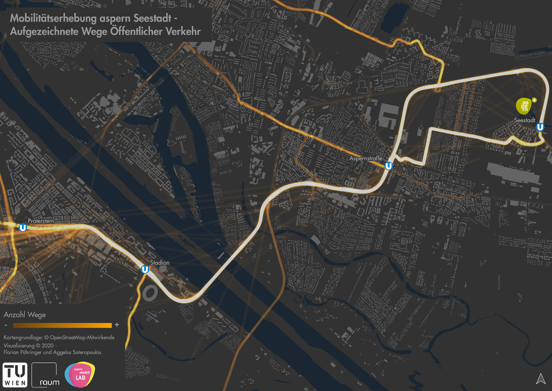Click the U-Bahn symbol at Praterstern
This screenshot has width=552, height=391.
point(23,228)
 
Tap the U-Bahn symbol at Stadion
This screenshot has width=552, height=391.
point(145,270)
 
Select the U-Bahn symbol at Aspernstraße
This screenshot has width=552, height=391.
point(388,166)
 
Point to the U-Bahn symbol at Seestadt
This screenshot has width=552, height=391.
point(540,127)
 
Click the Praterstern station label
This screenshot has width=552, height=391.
point(41,221)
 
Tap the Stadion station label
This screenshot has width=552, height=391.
point(159,263)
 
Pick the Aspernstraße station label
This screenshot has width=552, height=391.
point(366,158)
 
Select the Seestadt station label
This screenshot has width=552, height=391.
point(524,120)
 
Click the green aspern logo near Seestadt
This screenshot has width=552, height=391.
point(525,106)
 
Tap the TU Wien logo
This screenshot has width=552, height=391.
point(15,375)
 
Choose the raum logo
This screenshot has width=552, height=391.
point(45,375)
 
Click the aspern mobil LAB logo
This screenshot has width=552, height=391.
point(80,375)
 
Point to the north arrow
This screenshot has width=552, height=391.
point(540,379)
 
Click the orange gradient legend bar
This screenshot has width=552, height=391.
point(62,325)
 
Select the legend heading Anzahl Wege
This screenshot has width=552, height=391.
point(25,315)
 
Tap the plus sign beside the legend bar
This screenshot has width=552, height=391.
point(117,325)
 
